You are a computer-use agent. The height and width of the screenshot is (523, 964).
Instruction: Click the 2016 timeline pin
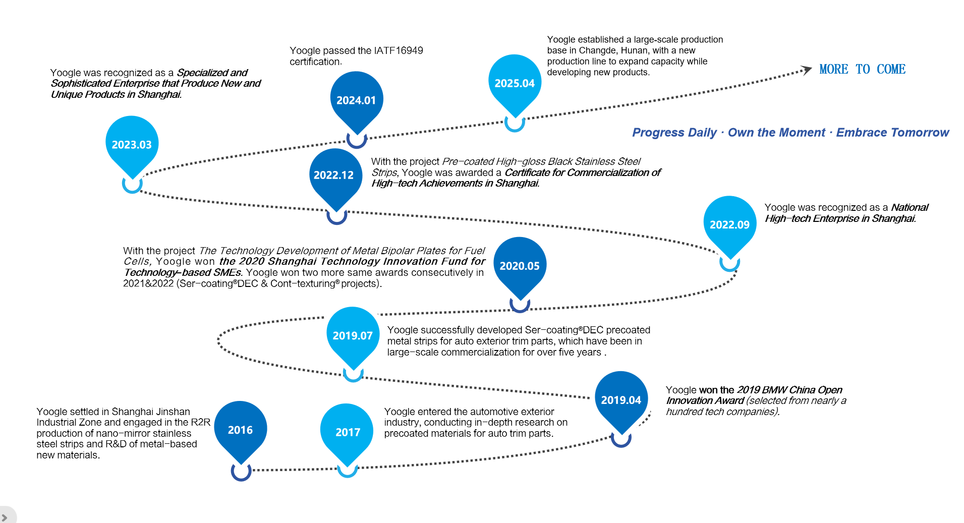241,429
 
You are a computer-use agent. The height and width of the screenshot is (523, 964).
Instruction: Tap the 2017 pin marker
348,432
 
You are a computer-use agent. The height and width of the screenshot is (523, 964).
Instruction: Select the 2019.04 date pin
621,399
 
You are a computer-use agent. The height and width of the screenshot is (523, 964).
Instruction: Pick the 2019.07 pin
353,335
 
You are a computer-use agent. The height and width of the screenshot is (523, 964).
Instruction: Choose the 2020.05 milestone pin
520,265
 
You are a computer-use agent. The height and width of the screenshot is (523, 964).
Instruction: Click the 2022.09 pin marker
729,224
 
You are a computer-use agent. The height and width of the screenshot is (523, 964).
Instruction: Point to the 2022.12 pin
334,175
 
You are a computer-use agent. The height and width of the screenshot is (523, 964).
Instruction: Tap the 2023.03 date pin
132,145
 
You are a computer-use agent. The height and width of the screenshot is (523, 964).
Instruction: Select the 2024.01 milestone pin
356,100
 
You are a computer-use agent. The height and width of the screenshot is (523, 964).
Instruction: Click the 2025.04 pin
515,83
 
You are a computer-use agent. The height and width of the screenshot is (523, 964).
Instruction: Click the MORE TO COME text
862,69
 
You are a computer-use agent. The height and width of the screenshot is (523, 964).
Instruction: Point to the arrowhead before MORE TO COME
807,70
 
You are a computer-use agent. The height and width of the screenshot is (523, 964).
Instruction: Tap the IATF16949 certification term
398,50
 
